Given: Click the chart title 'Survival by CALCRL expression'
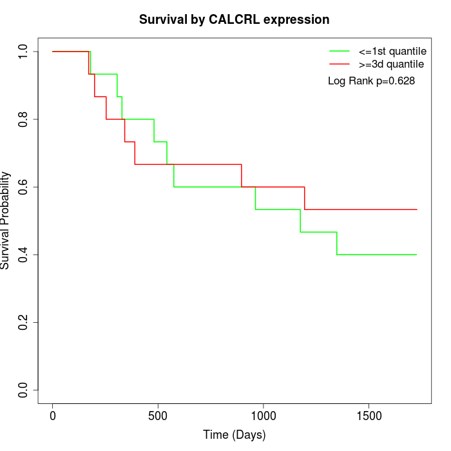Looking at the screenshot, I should pos(234,19).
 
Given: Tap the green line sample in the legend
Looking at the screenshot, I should pos(340,50).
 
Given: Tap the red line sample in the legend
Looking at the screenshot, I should pos(340,64).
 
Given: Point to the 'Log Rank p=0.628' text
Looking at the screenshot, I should pos(371,81).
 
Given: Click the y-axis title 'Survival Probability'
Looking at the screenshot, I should pos(6,220).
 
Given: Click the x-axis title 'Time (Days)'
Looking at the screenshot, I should pos(234,435).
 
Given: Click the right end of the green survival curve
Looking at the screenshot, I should pos(417,254).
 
